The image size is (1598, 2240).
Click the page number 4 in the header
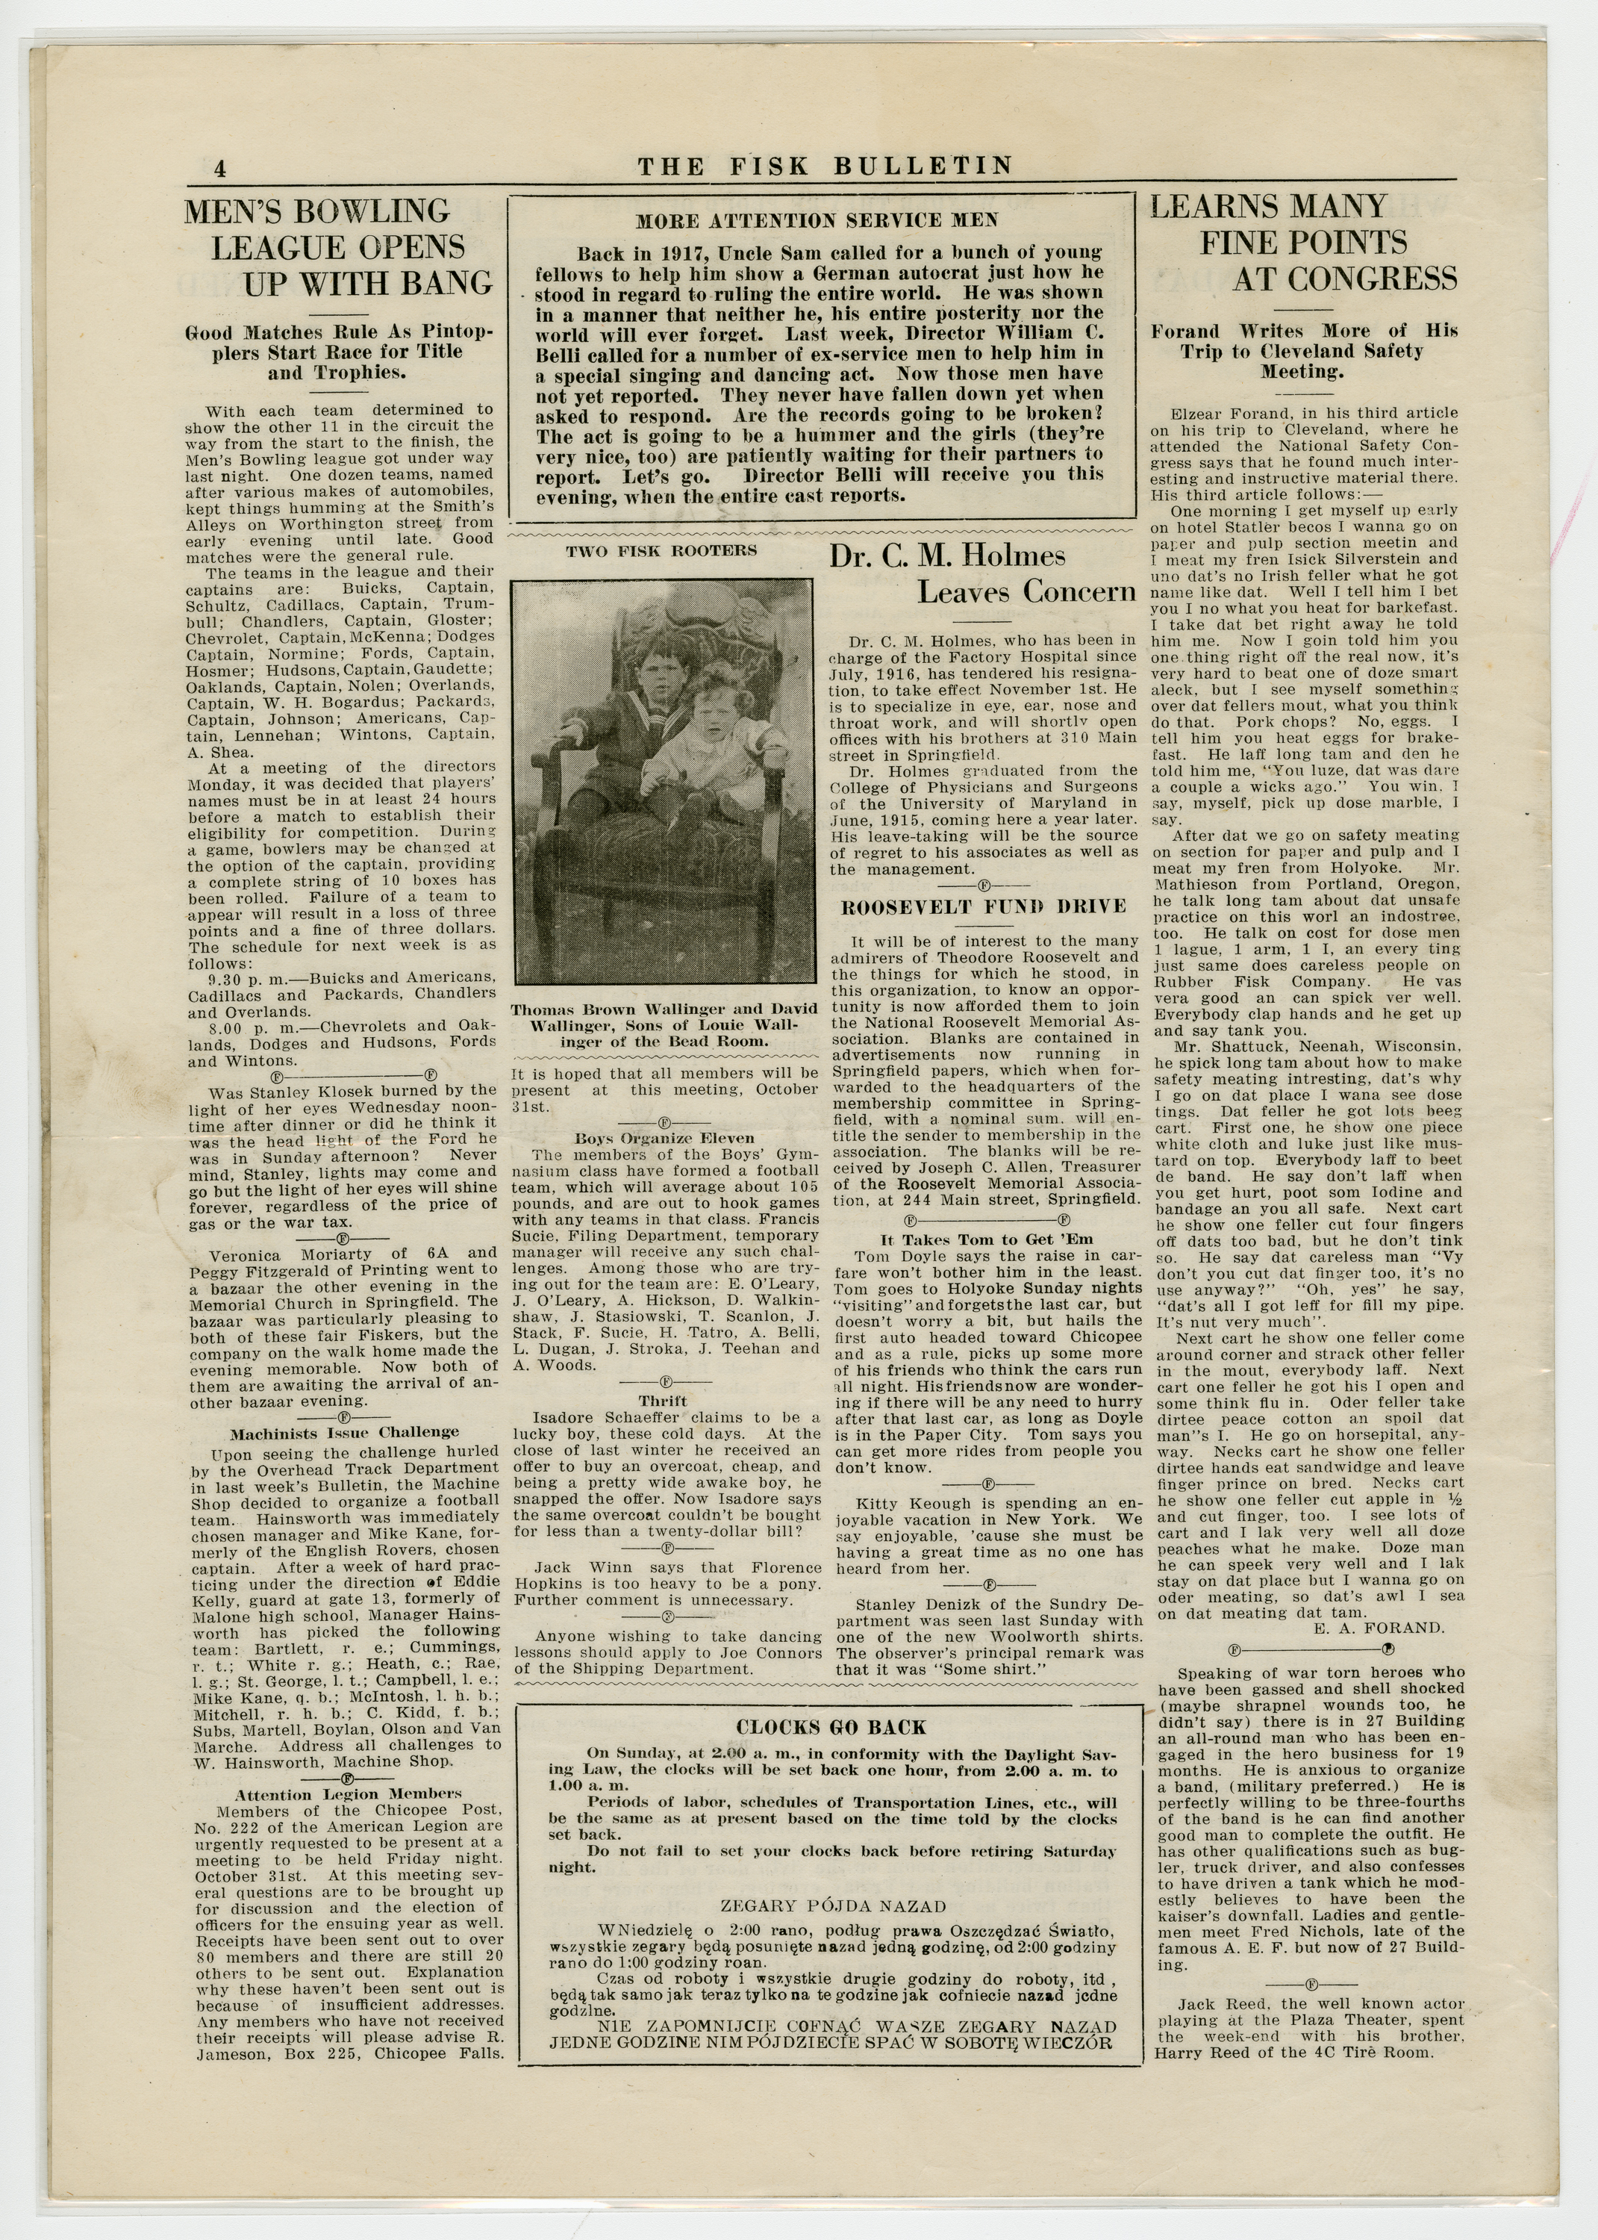pos(219,168)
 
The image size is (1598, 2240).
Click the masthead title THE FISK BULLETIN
pos(825,167)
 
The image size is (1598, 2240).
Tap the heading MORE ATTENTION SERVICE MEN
pos(817,222)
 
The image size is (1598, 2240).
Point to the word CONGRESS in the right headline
pos(1344,279)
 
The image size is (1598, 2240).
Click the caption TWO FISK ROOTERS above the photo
pos(661,551)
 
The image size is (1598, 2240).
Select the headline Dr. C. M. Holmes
pos(946,557)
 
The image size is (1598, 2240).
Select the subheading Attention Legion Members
pos(347,1794)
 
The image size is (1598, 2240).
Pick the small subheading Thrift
pos(662,1401)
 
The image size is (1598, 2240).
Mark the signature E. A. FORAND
pos(1379,1628)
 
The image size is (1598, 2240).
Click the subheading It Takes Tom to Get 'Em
pos(986,1239)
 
